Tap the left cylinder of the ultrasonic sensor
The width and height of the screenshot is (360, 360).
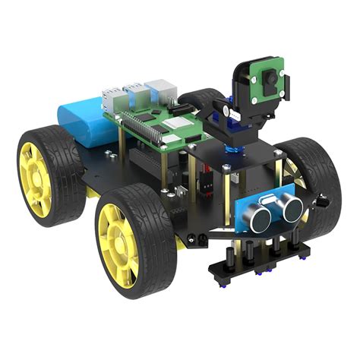[260, 217]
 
